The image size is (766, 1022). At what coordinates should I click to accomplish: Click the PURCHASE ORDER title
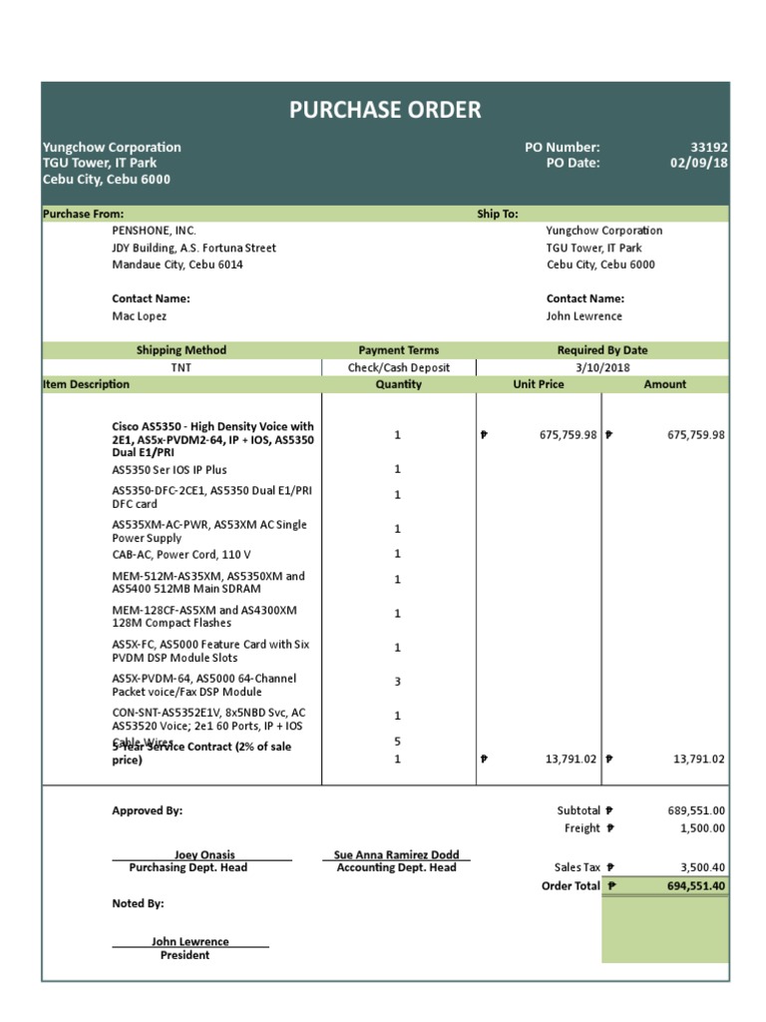(x=385, y=110)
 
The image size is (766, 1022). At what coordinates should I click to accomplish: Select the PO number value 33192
(x=708, y=147)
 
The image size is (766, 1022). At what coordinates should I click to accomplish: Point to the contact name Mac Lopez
(x=139, y=315)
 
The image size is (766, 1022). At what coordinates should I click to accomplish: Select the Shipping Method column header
(x=181, y=350)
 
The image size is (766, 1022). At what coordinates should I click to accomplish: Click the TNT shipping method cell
(x=181, y=367)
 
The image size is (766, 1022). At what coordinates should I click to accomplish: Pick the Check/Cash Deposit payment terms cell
(x=398, y=367)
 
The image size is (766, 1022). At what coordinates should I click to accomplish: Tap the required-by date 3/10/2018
(x=601, y=367)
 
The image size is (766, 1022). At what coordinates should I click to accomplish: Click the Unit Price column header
(x=539, y=384)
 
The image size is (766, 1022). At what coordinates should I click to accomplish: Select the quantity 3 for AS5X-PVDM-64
(x=397, y=682)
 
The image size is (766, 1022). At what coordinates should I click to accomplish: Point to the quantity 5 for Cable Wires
(x=397, y=742)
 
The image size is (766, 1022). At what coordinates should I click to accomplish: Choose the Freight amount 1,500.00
(x=702, y=828)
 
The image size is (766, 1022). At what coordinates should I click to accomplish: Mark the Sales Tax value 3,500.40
(x=702, y=868)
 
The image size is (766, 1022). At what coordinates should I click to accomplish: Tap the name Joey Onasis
(x=204, y=854)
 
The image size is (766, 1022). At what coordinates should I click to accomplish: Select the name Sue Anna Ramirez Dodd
(x=396, y=854)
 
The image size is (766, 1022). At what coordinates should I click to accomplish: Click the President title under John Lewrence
(x=185, y=955)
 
